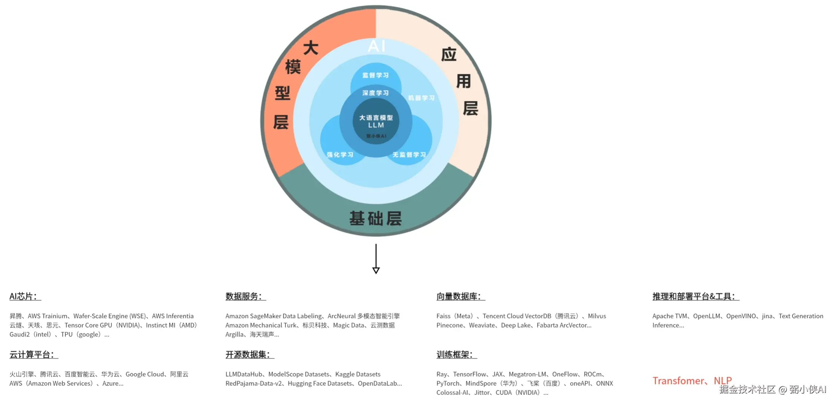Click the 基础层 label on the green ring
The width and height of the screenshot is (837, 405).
(x=376, y=218)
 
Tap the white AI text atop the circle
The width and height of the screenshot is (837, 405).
(x=376, y=46)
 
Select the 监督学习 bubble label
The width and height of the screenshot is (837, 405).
(x=375, y=75)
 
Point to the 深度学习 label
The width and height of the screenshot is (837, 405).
(x=375, y=93)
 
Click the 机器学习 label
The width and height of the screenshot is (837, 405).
(x=421, y=98)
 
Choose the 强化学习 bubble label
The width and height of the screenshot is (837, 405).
(x=340, y=155)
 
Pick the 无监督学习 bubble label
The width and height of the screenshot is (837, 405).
(x=409, y=155)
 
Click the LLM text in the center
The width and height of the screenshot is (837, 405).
(x=376, y=125)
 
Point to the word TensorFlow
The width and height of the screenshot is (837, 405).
(x=469, y=374)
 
